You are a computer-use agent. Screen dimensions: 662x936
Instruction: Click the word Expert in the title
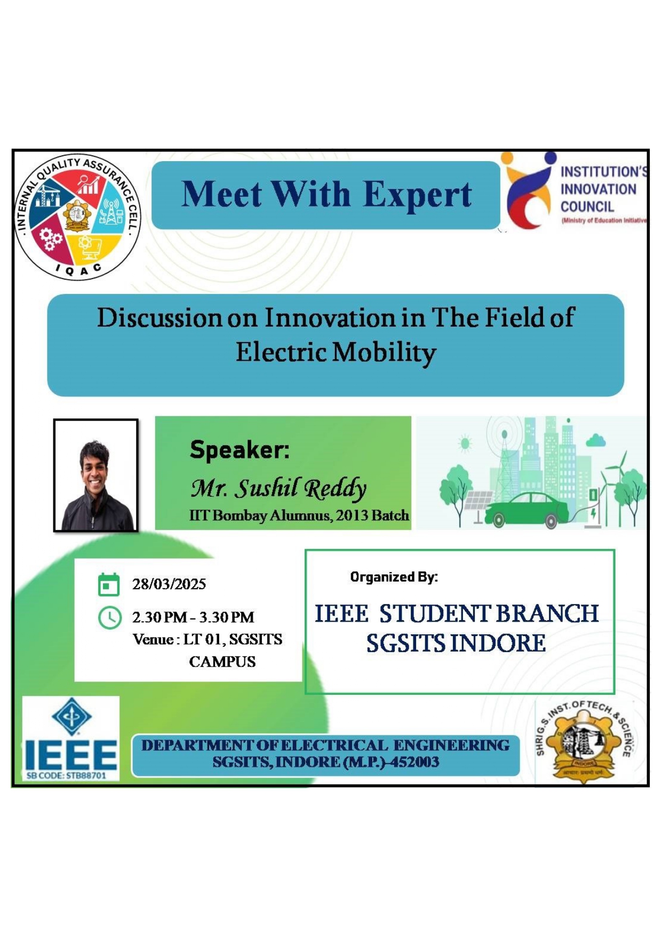click(417, 195)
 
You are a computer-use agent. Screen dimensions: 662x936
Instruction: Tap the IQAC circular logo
click(78, 217)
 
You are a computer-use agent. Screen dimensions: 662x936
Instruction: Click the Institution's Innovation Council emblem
click(528, 189)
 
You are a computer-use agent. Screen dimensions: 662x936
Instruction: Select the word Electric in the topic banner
click(281, 352)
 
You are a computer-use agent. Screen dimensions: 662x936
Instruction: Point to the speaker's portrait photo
click(96, 475)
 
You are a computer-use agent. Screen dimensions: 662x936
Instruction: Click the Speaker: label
click(240, 449)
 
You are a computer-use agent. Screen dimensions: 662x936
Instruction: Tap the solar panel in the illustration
click(479, 503)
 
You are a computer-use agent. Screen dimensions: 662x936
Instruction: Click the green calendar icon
click(109, 584)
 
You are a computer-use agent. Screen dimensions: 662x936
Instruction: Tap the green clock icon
click(110, 617)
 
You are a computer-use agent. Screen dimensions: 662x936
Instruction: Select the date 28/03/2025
click(169, 584)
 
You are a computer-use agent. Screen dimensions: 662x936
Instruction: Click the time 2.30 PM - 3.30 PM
click(193, 617)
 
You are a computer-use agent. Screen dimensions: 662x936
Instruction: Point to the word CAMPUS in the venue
click(222, 662)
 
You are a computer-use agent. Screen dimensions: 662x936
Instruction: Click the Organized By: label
click(394, 577)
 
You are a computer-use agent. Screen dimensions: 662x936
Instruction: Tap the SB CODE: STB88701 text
click(67, 775)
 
